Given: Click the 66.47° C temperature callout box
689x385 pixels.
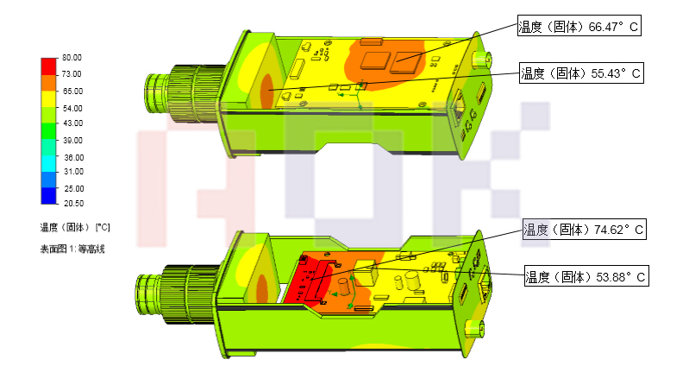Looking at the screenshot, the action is pos(579,26).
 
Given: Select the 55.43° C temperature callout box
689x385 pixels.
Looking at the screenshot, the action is pos(581,73).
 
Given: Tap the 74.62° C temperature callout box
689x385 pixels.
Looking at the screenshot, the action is pos(585,229).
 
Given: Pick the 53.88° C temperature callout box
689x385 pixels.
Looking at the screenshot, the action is pos(586,276).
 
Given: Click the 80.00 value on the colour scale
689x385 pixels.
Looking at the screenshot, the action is pos(72,58).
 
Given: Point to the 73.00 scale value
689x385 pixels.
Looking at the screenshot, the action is pos(72,74).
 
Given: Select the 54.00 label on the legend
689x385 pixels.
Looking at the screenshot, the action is pos(72,108).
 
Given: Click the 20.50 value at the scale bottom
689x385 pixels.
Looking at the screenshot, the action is pos(73,203).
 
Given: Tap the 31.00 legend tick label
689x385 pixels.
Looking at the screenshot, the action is pos(73,172).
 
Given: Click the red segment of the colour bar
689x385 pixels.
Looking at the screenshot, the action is pos(49,66).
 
